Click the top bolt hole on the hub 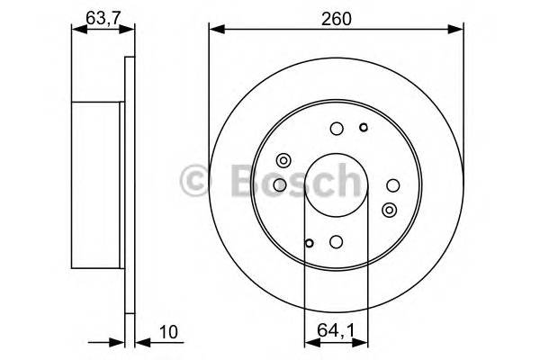[336, 128]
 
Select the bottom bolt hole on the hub [336, 240]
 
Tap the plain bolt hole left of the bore [279, 184]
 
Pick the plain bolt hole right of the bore [392, 184]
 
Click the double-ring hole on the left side [283, 160]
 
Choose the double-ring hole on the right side [389, 210]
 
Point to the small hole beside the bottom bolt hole [310, 241]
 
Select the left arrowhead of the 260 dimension [213, 31]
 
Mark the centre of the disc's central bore [336, 184]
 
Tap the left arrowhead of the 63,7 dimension [76, 30]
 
